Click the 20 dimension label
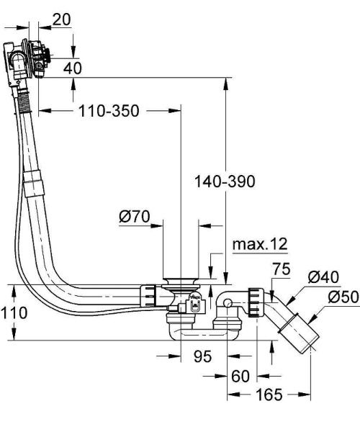(61, 19)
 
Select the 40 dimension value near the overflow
(73, 68)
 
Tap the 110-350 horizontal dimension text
(109, 111)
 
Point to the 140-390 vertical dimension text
(225, 181)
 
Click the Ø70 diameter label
(135, 217)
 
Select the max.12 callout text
(260, 244)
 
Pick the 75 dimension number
(281, 269)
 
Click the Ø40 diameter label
(323, 277)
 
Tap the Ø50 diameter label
(343, 297)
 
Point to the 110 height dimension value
(14, 313)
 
